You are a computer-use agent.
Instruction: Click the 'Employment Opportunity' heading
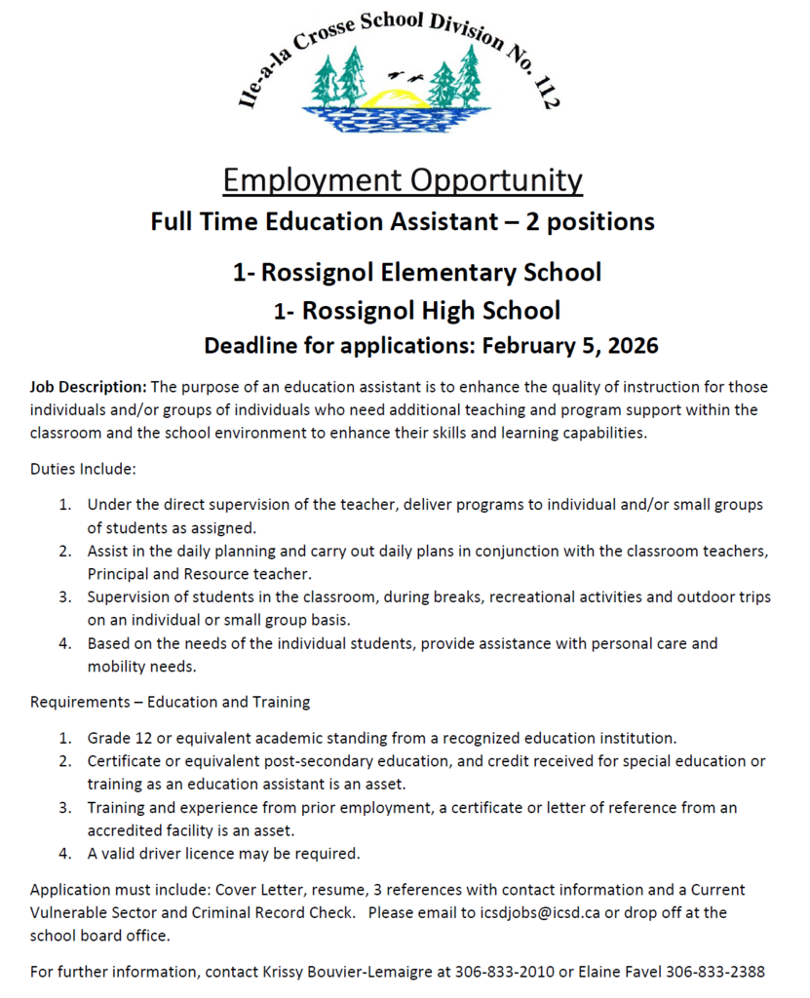click(x=403, y=180)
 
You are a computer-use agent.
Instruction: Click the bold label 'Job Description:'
click(x=89, y=387)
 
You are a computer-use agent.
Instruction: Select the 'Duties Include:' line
click(x=83, y=469)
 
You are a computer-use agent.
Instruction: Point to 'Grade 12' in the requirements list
click(x=117, y=737)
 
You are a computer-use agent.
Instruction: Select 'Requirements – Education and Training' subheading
click(x=170, y=702)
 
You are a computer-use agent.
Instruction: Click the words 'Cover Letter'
click(x=260, y=890)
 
